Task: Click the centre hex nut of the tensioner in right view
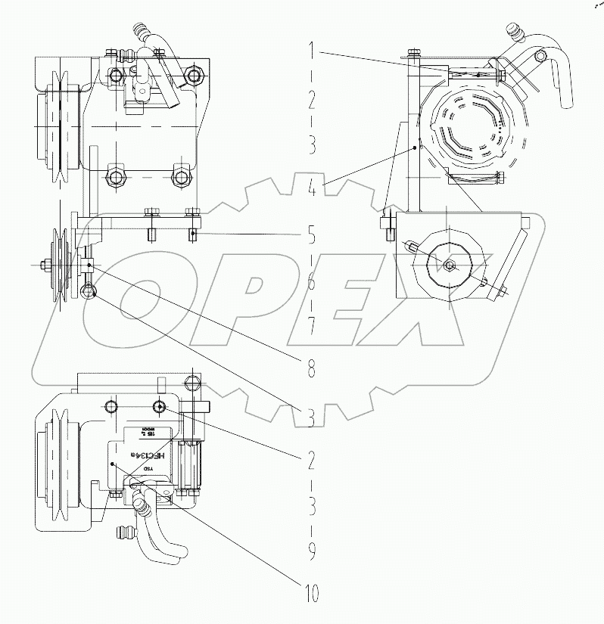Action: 450,265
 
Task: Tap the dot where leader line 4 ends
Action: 415,148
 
